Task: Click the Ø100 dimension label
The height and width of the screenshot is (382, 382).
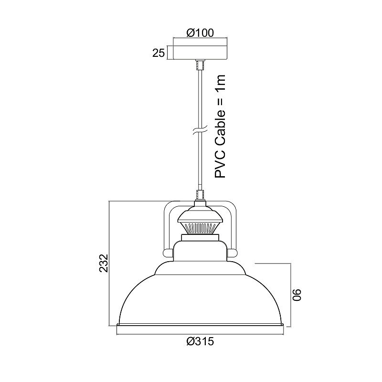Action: tap(200, 32)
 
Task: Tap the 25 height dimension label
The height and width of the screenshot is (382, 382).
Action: tap(159, 53)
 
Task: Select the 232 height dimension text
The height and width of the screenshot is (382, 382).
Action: tap(104, 263)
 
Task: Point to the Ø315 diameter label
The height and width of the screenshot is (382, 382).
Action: tap(200, 341)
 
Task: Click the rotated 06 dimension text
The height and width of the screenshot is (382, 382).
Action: tap(297, 295)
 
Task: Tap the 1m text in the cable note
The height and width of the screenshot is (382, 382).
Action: tap(220, 82)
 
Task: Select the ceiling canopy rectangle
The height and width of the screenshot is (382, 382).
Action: tap(200, 52)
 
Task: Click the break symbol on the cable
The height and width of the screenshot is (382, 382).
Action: tap(200, 130)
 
